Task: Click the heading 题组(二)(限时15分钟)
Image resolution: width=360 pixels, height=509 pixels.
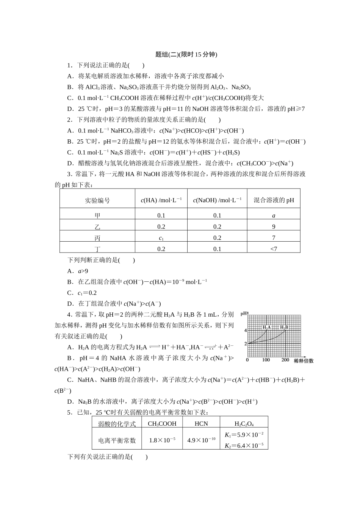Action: [x=186, y=55]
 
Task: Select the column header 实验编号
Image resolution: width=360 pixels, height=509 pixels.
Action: [x=97, y=200]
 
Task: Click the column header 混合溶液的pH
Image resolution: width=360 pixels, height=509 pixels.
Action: [x=274, y=200]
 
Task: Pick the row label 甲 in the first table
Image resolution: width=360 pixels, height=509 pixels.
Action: [x=97, y=215]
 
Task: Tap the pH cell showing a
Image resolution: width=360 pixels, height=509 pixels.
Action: [x=274, y=215]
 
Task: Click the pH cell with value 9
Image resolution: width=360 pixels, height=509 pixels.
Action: [x=274, y=226]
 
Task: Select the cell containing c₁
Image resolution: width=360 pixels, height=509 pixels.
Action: [x=161, y=238]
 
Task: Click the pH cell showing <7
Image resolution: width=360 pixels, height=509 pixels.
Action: [x=274, y=249]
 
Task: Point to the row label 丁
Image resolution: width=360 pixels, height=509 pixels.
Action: [x=97, y=249]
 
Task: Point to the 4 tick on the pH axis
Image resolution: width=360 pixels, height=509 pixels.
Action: [x=246, y=331]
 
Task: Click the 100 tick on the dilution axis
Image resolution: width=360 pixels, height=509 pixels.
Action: [x=266, y=360]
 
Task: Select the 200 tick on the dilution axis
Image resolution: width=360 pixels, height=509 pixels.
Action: [x=285, y=360]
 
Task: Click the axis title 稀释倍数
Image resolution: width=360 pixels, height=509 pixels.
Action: [x=304, y=361]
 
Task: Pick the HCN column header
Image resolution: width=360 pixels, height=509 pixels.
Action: [x=201, y=424]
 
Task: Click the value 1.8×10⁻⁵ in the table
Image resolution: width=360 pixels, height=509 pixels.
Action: [x=162, y=440]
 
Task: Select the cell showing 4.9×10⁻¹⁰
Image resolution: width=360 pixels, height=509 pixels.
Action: [x=201, y=440]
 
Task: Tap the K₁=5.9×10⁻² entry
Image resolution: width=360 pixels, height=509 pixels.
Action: [x=244, y=435]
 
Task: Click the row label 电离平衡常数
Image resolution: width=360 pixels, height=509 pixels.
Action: [x=117, y=440]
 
